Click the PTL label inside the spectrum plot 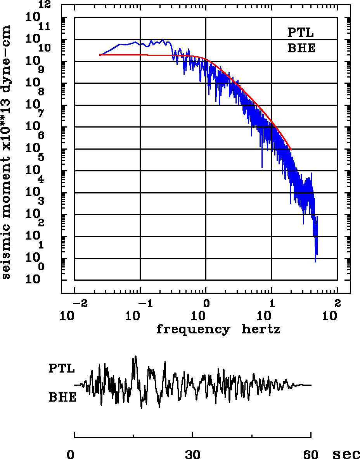(x=300, y=32)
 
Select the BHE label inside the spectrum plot (x=301, y=49)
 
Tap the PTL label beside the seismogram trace (x=62, y=368)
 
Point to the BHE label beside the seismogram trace (x=62, y=398)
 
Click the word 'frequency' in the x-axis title (x=193, y=330)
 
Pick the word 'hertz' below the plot (x=261, y=330)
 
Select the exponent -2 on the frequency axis (x=78, y=303)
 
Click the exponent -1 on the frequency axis (x=143, y=303)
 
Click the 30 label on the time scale (x=193, y=454)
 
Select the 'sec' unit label (x=346, y=454)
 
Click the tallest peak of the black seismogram (x=135, y=356)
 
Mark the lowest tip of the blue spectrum (x=315, y=262)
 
